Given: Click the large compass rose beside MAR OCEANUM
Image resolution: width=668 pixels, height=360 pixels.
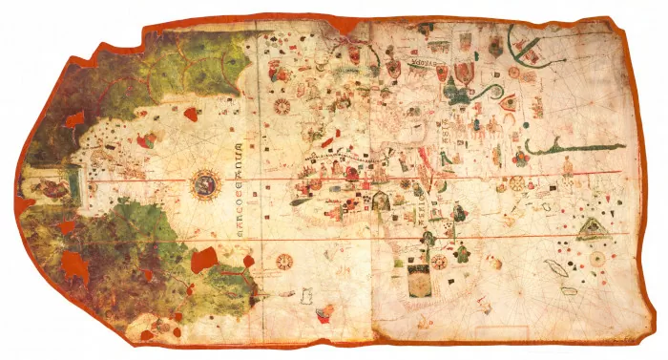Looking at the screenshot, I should (x=204, y=181).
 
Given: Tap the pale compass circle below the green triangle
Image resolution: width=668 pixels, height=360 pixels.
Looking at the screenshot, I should (x=597, y=258).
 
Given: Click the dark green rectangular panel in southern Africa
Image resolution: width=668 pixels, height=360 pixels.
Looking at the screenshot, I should (x=419, y=281).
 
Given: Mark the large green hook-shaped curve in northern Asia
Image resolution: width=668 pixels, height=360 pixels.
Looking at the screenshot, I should (x=531, y=43).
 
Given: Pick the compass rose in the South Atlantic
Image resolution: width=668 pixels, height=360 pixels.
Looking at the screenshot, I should (x=284, y=260).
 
